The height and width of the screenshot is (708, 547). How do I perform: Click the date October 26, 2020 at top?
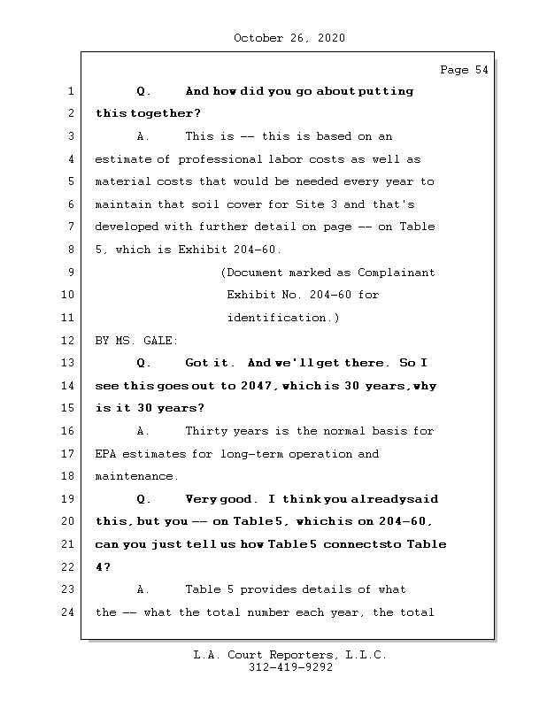289,38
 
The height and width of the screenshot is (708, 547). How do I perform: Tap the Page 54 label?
464,71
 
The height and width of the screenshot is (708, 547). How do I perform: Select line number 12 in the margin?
70,341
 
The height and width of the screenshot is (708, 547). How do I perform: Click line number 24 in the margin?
70,612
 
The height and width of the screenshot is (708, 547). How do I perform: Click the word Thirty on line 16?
206,431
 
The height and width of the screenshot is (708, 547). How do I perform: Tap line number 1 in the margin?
70,91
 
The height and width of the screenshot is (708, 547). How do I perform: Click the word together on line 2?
165,114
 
